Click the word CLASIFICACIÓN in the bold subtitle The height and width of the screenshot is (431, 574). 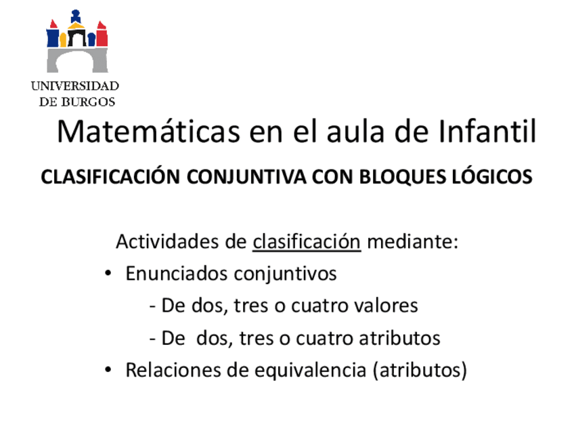[111, 177]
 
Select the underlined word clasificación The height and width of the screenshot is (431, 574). [307, 242]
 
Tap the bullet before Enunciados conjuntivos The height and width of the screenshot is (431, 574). [108, 274]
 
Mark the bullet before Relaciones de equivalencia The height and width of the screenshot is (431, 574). [108, 371]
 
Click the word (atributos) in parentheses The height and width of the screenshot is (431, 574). [420, 371]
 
